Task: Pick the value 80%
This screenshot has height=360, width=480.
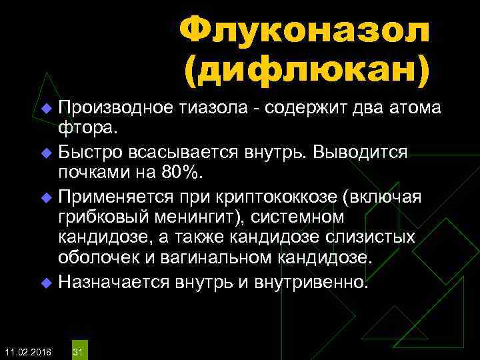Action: pos(179,173)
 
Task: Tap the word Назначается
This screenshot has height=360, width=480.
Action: pos(111,282)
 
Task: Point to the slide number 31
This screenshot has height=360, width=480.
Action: pos(77,350)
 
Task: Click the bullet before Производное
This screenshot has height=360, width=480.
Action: pos(46,109)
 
